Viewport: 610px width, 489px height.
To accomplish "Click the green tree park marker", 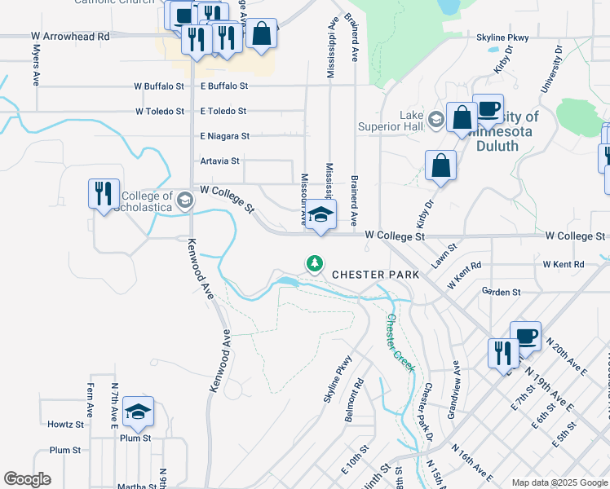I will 314,263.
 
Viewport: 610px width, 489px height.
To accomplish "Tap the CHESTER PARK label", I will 375,275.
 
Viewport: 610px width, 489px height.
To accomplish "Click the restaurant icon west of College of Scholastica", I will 104,194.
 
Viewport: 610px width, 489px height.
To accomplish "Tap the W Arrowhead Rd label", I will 70,37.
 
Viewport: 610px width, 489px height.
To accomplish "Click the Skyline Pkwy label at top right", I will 502,37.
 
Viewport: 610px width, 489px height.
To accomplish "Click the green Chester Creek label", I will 401,343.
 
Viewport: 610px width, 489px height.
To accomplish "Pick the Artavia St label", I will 220,161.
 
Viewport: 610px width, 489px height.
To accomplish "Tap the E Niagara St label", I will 224,136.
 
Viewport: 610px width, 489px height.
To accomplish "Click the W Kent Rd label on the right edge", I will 568,265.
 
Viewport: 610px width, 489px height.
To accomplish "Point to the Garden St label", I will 501,291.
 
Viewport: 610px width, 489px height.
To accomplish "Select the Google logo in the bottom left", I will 27,479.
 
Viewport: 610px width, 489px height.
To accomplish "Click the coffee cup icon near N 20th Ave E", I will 525,336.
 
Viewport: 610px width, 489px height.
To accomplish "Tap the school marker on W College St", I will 320,216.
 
